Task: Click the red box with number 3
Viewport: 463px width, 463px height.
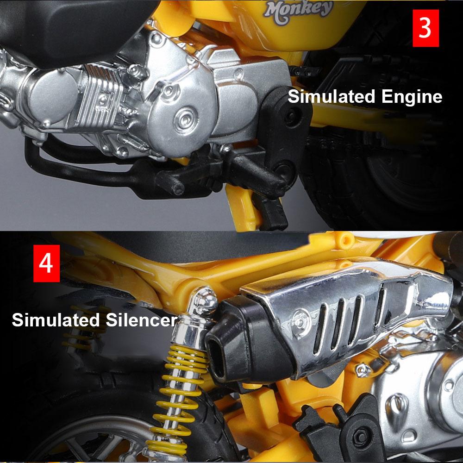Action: click(425, 27)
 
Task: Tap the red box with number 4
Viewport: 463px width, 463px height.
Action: click(46, 263)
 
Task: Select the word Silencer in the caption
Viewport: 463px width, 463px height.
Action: click(139, 320)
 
